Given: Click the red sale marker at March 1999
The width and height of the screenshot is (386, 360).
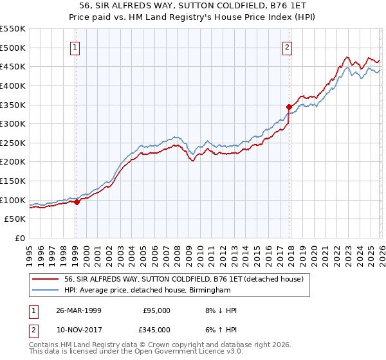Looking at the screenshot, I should pos(77,202).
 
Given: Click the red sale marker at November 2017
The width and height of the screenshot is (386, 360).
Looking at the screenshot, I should pos(289,107).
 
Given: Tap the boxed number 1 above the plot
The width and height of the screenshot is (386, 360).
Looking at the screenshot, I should pos(76,46).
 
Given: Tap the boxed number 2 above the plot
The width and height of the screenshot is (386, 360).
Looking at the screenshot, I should pos(287,46).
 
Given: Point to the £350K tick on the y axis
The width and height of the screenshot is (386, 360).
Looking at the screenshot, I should pos(13,105).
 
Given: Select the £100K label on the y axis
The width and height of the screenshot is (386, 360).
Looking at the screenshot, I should pos(13,200).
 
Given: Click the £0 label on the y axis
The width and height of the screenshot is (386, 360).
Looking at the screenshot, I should pos(21,238).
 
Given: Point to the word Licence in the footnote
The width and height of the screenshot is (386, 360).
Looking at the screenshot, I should pos(194,352).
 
